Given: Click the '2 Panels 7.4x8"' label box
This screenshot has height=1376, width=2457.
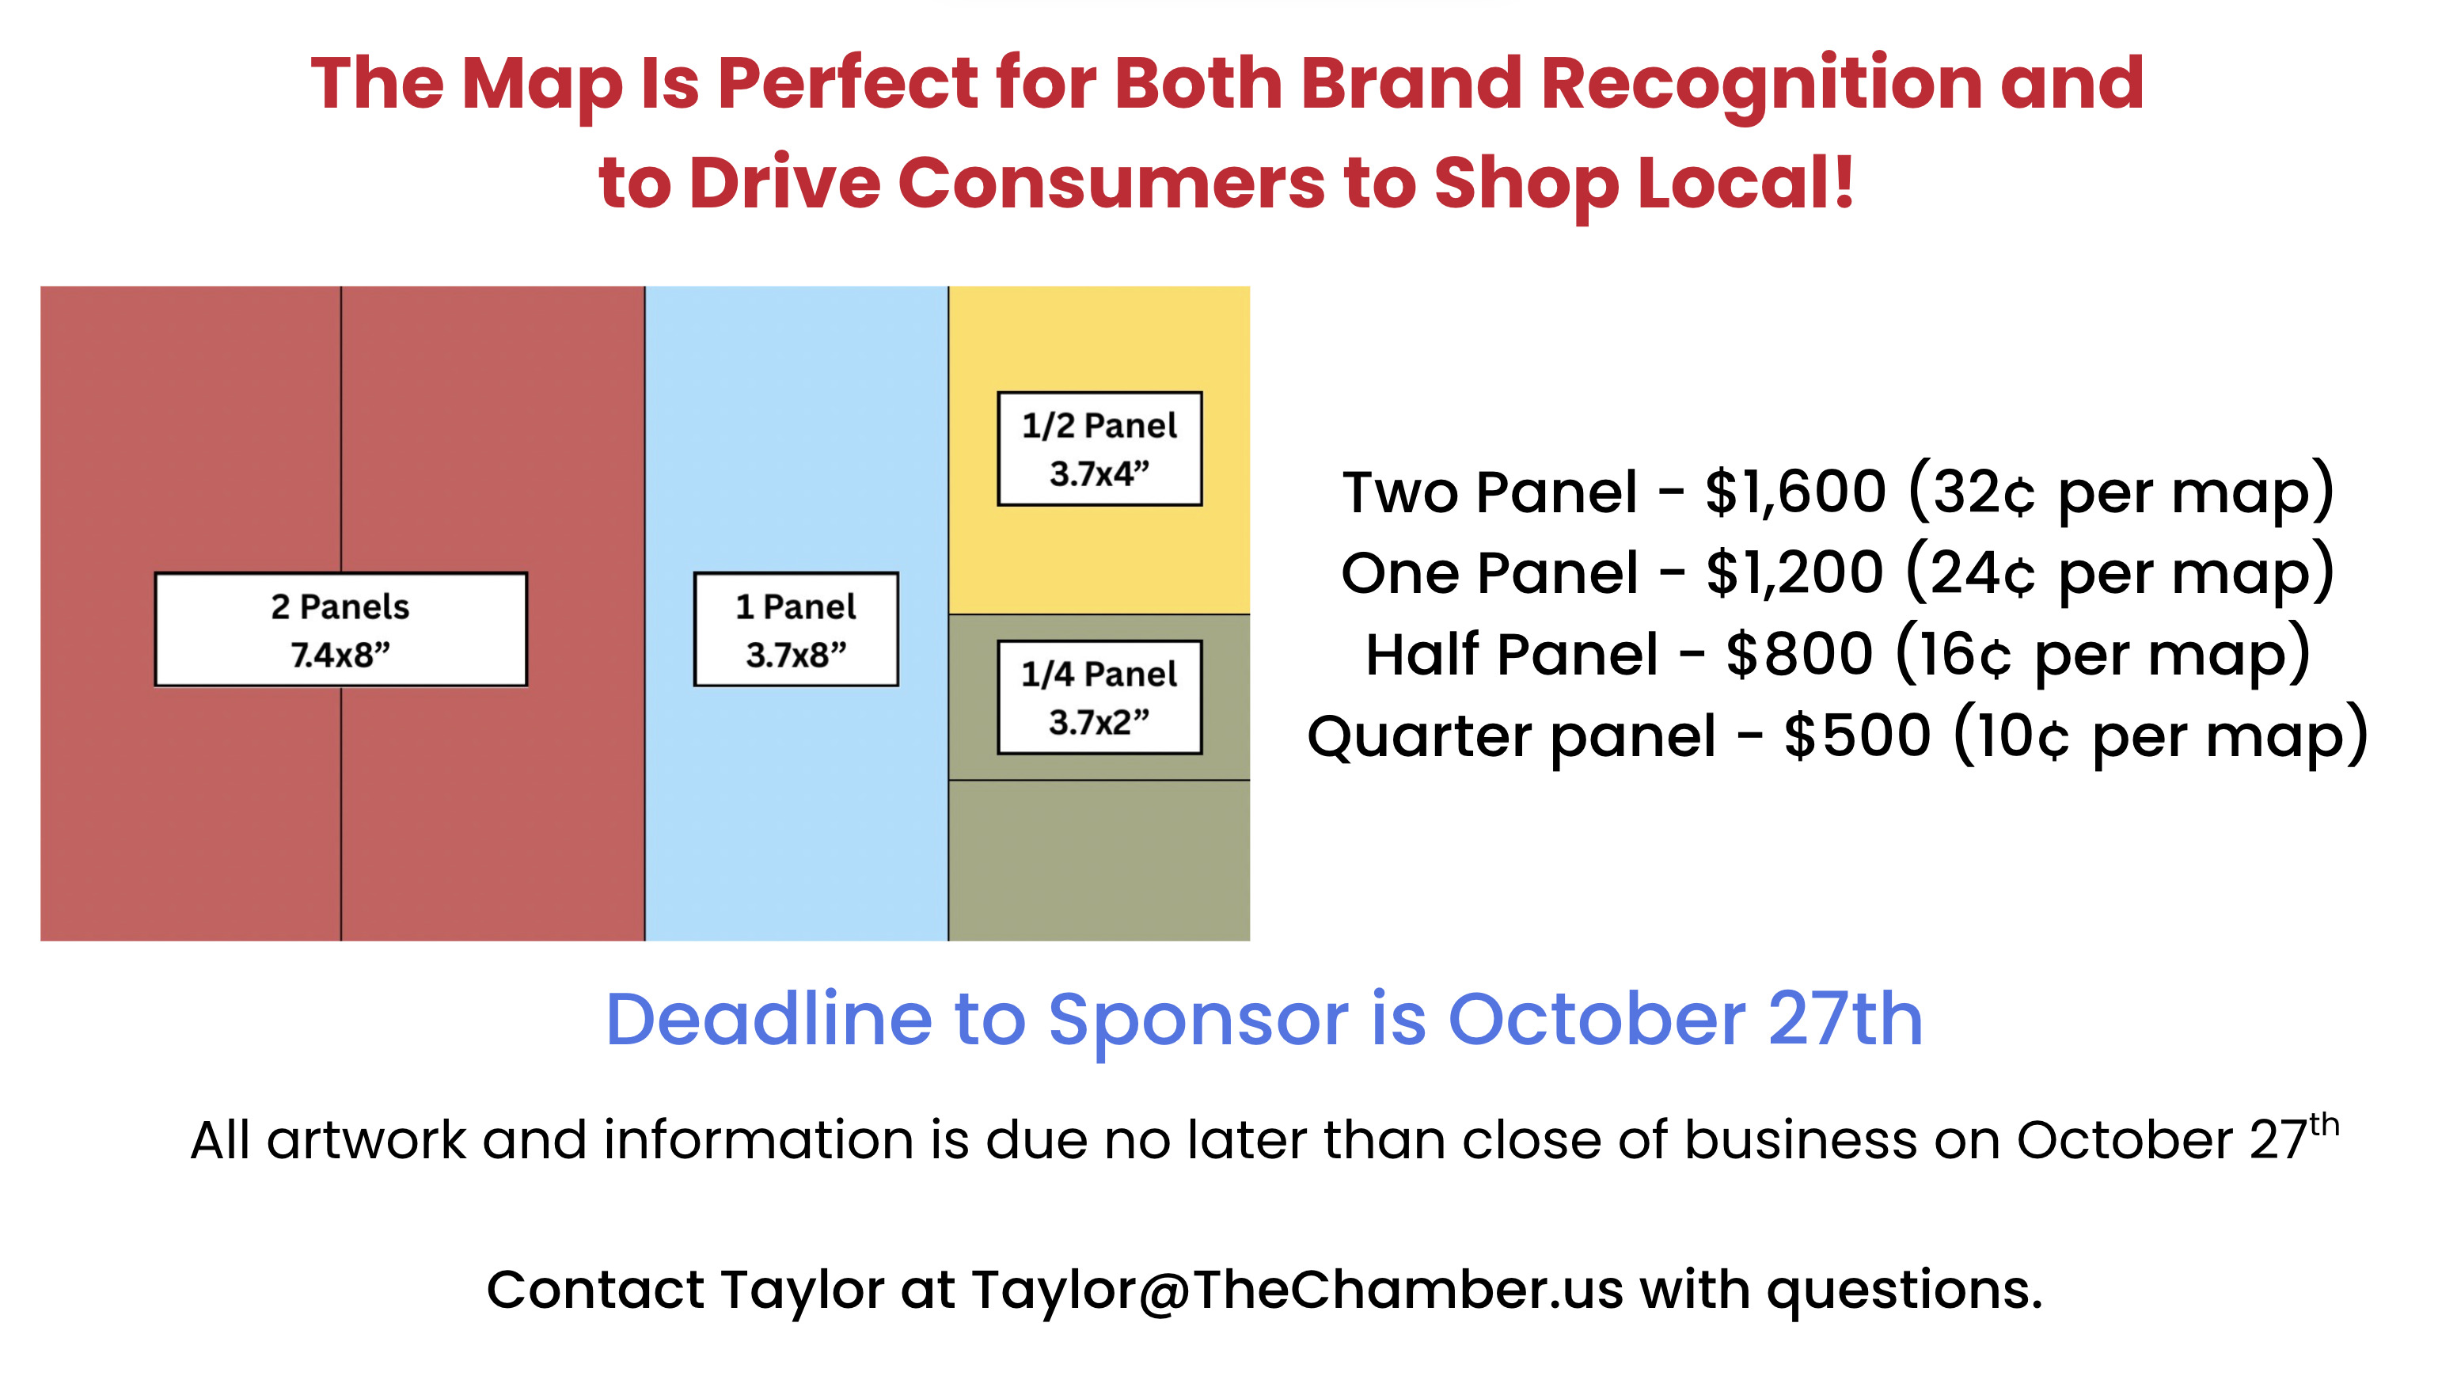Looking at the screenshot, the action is tap(340, 629).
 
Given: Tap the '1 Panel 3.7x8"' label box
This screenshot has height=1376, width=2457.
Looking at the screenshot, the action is tap(796, 629).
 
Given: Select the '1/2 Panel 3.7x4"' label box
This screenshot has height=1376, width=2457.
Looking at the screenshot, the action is tap(1099, 448).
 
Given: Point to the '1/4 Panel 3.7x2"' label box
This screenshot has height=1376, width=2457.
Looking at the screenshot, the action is tap(1099, 697).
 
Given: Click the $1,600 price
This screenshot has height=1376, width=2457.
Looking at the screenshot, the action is tap(1795, 492).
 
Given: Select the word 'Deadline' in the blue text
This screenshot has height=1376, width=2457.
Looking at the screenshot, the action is tap(769, 1019).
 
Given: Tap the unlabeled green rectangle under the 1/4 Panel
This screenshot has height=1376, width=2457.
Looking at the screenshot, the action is tap(1099, 861).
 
